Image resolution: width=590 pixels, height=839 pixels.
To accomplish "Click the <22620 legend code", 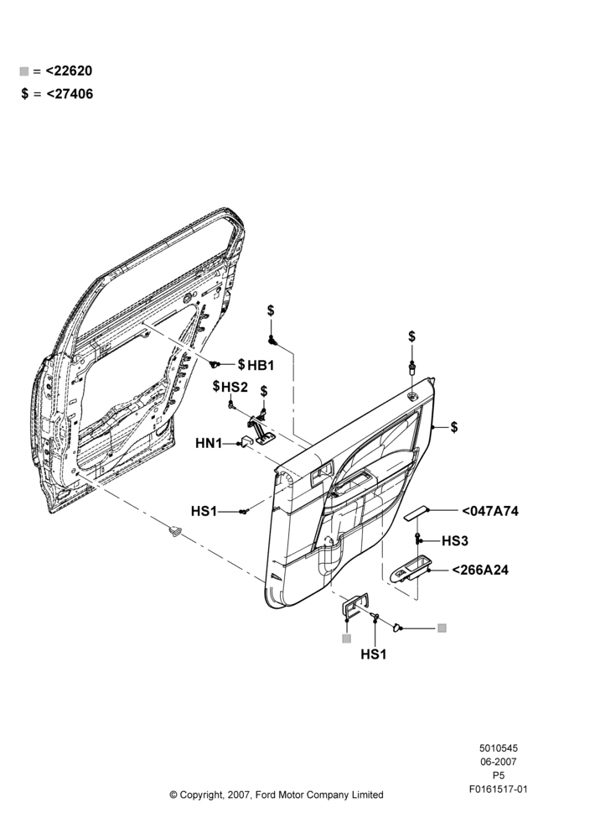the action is pyautogui.click(x=69, y=70).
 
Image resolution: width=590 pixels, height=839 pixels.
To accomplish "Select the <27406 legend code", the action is pyautogui.click(x=70, y=94).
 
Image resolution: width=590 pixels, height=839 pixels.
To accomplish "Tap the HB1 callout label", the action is pyautogui.click(x=261, y=365).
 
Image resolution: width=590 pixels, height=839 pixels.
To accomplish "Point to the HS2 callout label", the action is pyautogui.click(x=235, y=386).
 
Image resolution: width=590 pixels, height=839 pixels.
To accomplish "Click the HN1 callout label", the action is pyautogui.click(x=209, y=443).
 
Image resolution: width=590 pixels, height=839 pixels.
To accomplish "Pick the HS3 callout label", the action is pyautogui.click(x=455, y=541).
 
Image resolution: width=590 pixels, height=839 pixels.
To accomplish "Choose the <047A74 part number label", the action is pyautogui.click(x=490, y=511).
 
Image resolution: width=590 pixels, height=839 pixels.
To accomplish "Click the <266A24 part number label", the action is pyautogui.click(x=480, y=570).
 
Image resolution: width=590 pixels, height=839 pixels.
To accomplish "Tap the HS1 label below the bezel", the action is pyautogui.click(x=374, y=654).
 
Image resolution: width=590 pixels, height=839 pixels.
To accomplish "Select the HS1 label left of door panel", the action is pyautogui.click(x=204, y=512).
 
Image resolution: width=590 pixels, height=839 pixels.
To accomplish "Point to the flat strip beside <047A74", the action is pyautogui.click(x=416, y=512).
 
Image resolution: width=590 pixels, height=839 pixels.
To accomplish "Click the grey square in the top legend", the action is pyautogui.click(x=24, y=71).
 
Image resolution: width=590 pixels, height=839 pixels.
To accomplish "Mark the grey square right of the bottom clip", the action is pyautogui.click(x=442, y=628).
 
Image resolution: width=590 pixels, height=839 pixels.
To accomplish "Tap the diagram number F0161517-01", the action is pyautogui.click(x=498, y=789).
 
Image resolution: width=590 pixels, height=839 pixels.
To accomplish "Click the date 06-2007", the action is pyautogui.click(x=498, y=762).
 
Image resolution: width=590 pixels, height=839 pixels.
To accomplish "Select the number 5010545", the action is pyautogui.click(x=498, y=748).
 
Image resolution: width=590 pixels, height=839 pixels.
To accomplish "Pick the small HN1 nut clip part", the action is pyautogui.click(x=247, y=441).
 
